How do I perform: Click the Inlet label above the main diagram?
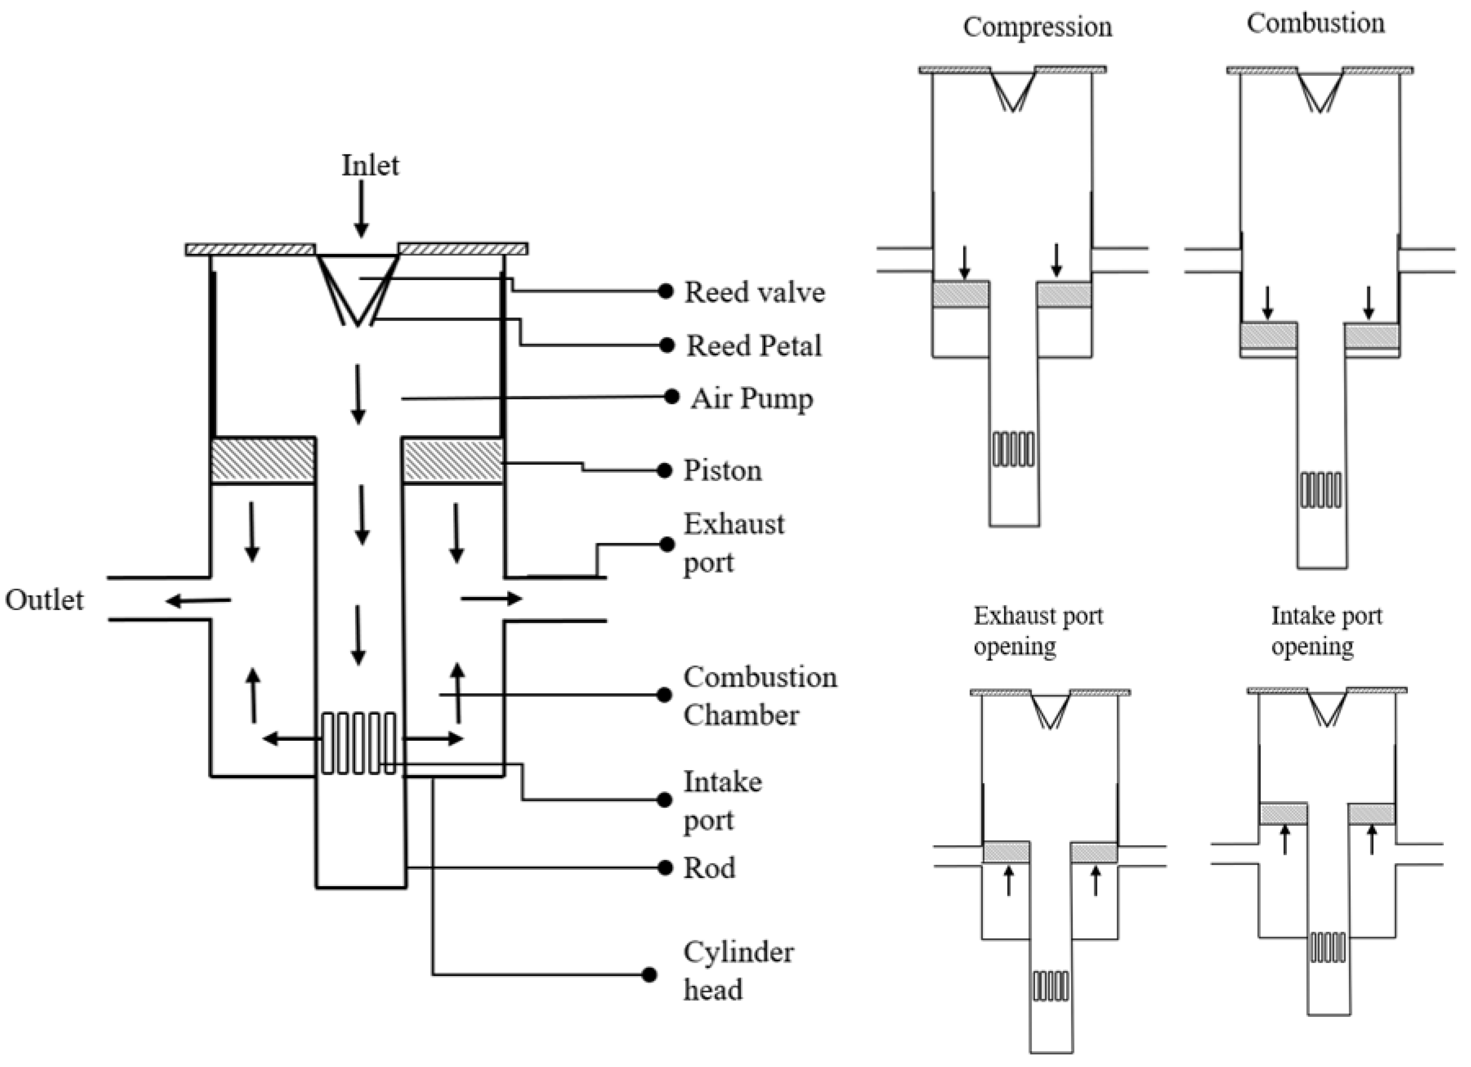point(370,166)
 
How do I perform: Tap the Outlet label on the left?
point(44,600)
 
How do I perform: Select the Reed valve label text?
point(754,292)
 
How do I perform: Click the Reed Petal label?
point(754,346)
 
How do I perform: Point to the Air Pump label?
point(751,398)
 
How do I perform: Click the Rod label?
point(710,868)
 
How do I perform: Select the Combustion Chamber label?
point(759,696)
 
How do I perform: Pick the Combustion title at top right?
point(1315,23)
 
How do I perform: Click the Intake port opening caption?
point(1326,630)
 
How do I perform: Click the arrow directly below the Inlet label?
point(361,209)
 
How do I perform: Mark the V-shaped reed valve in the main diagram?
point(357,289)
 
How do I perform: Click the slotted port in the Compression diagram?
point(1013,449)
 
